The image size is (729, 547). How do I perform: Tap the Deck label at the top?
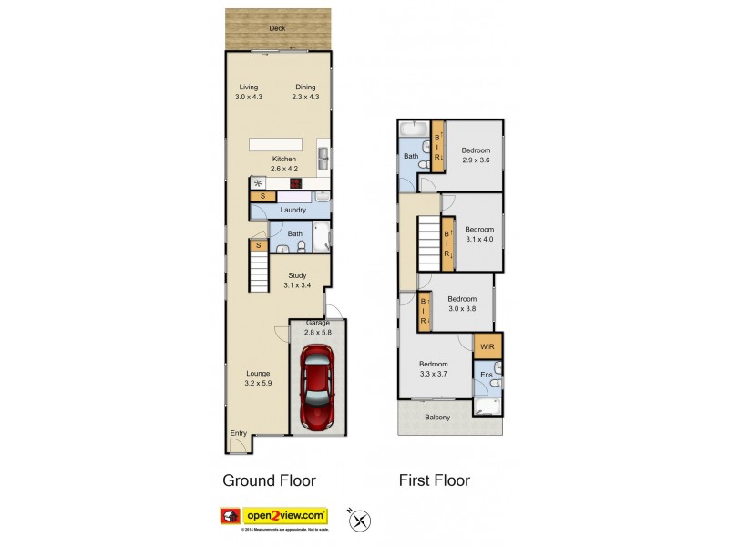[x=277, y=28]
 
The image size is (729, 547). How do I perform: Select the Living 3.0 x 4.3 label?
[x=249, y=91]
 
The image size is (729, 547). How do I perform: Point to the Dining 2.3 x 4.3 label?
[x=304, y=91]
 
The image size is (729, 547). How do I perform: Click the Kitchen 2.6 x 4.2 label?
[x=283, y=163]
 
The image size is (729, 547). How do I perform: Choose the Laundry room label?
[x=293, y=210]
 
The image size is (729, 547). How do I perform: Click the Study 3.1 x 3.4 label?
[x=297, y=280]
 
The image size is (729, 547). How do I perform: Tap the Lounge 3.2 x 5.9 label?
[x=258, y=378]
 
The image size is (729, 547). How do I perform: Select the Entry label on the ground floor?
[x=238, y=433]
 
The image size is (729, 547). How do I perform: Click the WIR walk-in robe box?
[x=488, y=347]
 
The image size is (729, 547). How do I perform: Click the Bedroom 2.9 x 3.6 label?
[x=476, y=155]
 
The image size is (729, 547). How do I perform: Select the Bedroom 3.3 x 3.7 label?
[x=435, y=368]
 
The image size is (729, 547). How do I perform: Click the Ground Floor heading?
[x=270, y=480]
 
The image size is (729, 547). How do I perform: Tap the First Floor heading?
[x=434, y=480]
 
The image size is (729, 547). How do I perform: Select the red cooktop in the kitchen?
[x=295, y=182]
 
